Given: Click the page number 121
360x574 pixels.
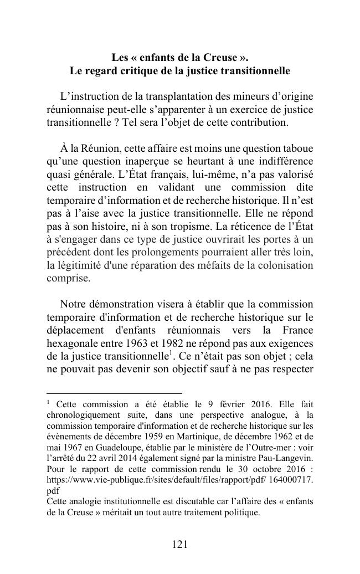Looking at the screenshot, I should (x=179, y=545).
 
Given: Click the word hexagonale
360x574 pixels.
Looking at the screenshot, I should (x=73, y=344).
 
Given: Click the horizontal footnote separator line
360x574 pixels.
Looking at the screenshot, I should (x=114, y=393).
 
